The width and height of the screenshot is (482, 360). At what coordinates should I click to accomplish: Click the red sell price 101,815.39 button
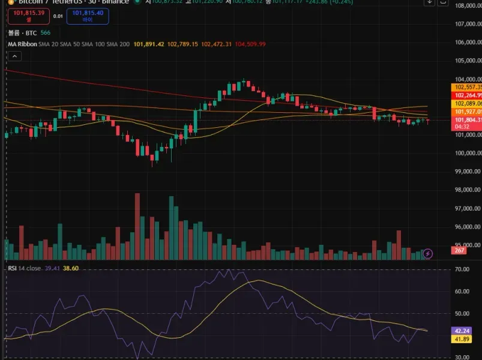pos(24,16)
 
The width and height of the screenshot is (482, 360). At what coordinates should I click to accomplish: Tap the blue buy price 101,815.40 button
pos(87,16)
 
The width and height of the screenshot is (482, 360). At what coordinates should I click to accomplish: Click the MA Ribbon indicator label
pos(22,44)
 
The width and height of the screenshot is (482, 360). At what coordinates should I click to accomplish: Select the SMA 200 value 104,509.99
pos(251,44)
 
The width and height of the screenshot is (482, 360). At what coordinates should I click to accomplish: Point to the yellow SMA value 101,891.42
pos(149,44)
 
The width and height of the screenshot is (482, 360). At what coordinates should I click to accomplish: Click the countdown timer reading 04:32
pos(462,127)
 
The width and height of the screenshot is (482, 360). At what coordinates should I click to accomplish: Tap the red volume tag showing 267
pos(460,250)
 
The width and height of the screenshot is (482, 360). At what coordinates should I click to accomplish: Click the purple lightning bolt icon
pos(428,254)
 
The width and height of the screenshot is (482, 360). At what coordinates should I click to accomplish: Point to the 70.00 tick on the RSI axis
pos(463,270)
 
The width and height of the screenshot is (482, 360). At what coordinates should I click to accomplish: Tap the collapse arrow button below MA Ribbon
pos(14,56)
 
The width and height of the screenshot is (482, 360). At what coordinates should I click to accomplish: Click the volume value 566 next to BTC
pos(46,32)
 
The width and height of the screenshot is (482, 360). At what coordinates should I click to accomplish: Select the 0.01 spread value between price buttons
pos(58,16)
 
